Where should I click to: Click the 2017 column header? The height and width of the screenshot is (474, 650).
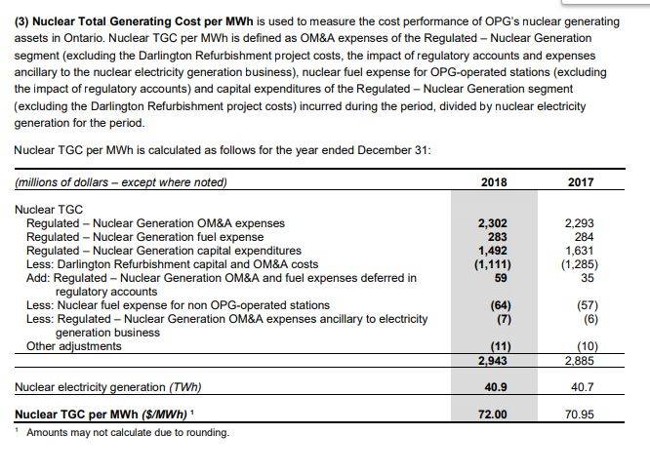tap(580, 181)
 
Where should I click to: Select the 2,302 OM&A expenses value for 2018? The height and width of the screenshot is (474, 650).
tap(493, 223)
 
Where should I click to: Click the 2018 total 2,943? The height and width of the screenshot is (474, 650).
tap(493, 361)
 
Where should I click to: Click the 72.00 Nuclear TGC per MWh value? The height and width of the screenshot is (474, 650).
tap(493, 415)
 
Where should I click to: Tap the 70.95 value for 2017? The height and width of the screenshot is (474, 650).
tap(580, 415)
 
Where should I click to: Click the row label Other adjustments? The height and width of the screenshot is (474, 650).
tap(74, 346)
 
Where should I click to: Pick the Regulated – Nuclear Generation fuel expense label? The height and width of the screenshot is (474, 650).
tap(144, 237)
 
